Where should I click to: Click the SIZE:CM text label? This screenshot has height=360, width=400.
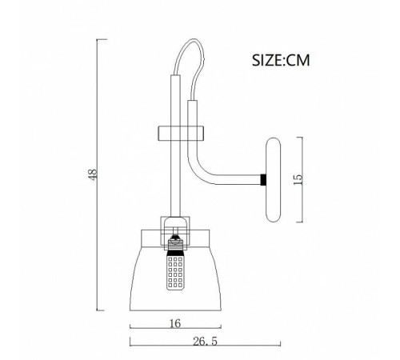pos(281,60)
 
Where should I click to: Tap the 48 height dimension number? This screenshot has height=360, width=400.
pos(93,174)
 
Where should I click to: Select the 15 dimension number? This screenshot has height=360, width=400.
pos(298,179)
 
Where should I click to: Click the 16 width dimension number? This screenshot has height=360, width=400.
pos(175,323)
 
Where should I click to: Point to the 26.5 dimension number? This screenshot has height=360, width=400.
pos(205,342)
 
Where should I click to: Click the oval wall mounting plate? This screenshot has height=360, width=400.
pos(274,180)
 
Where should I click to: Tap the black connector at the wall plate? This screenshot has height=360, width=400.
pos(263,180)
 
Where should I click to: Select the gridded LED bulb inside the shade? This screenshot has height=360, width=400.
pos(175,273)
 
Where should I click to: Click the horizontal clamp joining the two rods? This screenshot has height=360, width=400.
pos(181,133)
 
